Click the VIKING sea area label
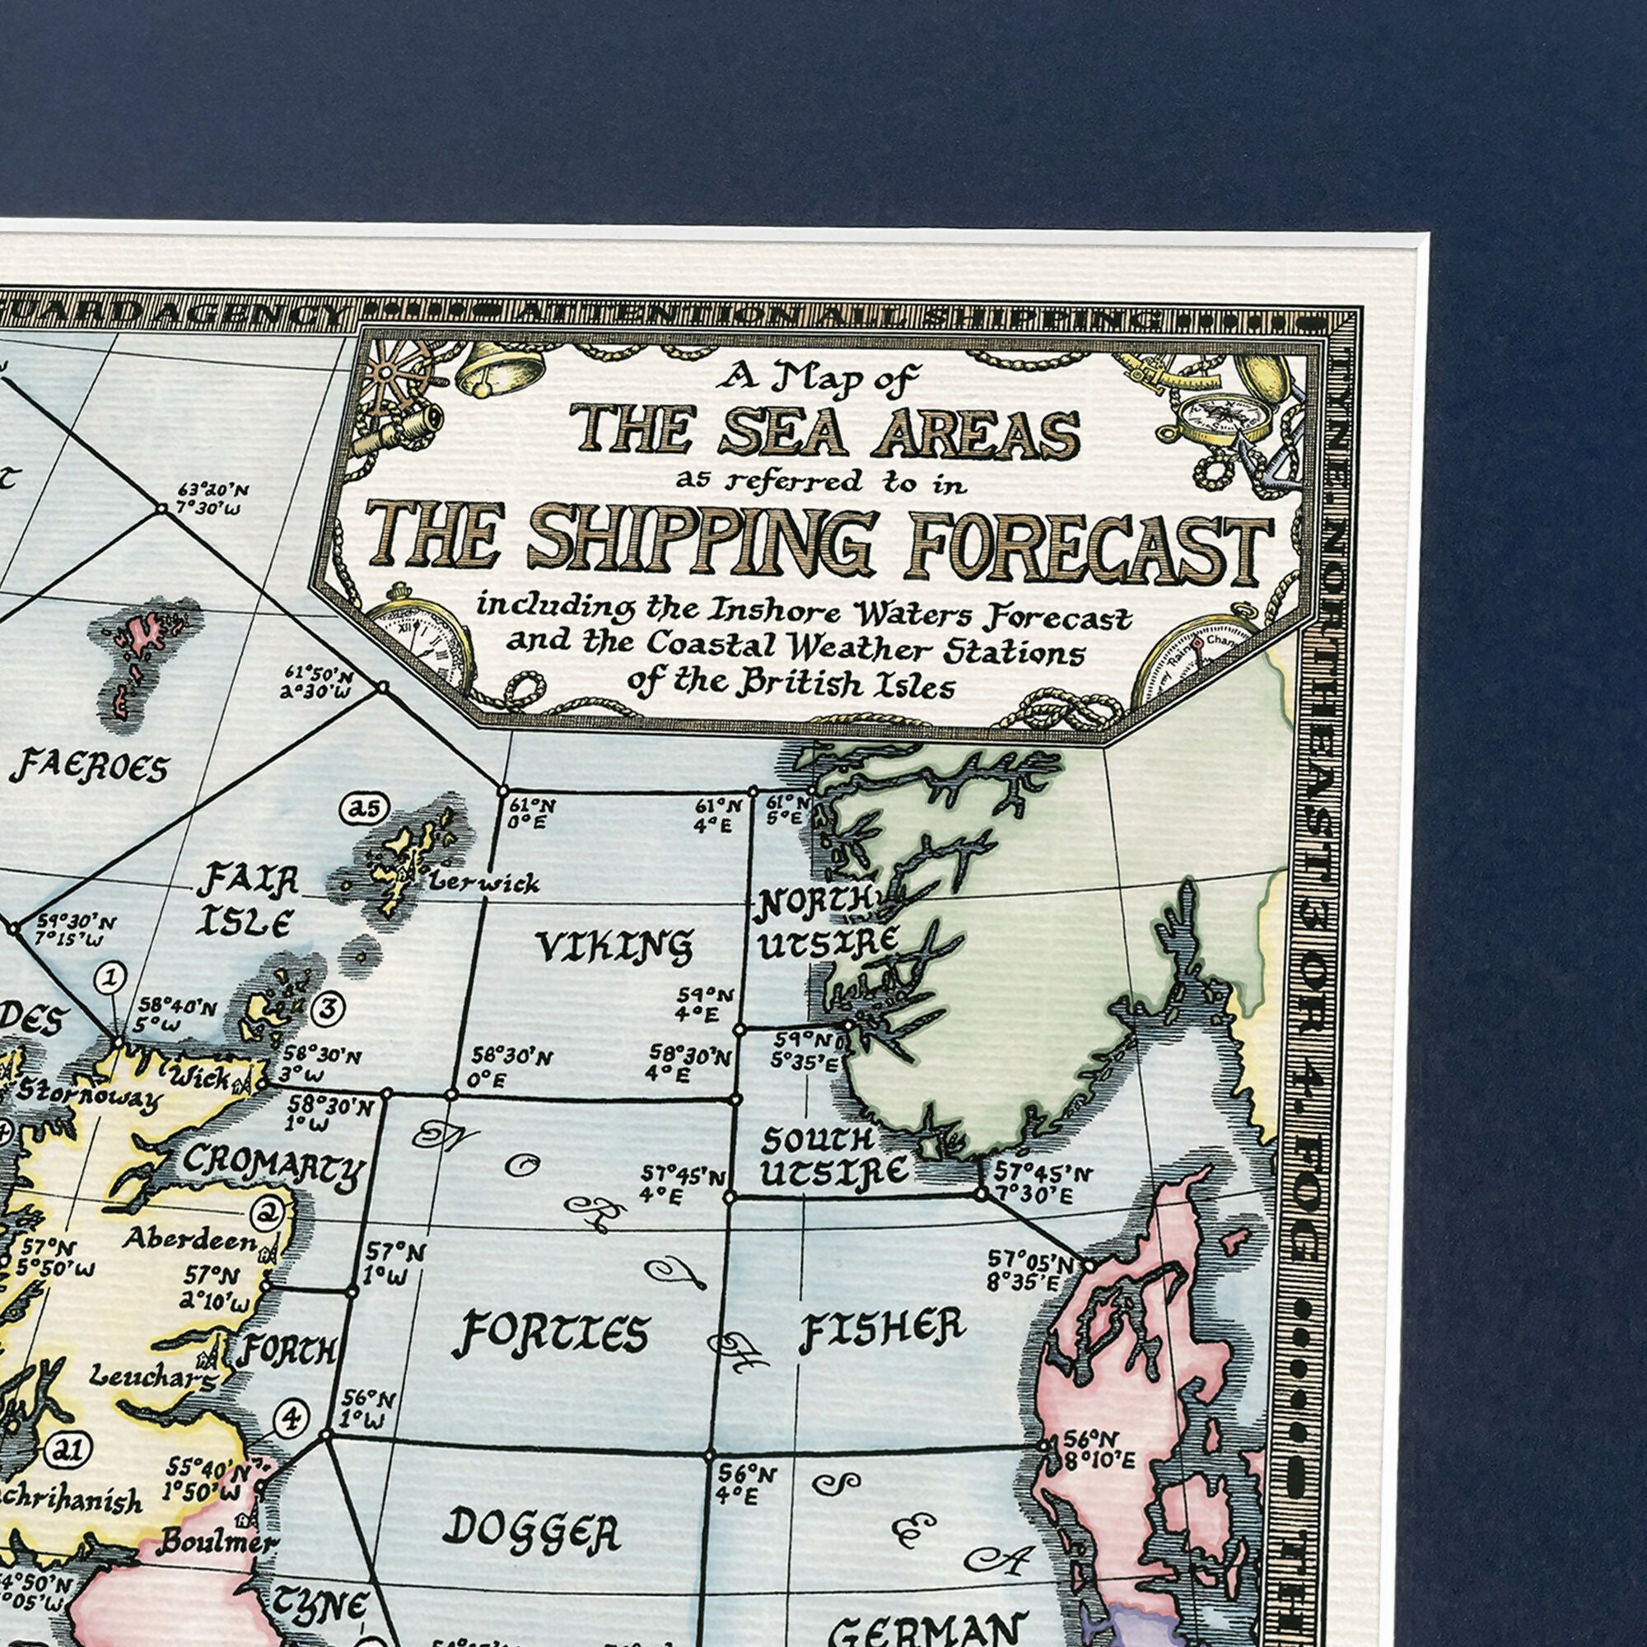(613, 945)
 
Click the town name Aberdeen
(189, 1240)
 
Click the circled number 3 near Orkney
(329, 1008)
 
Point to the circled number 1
(111, 977)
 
